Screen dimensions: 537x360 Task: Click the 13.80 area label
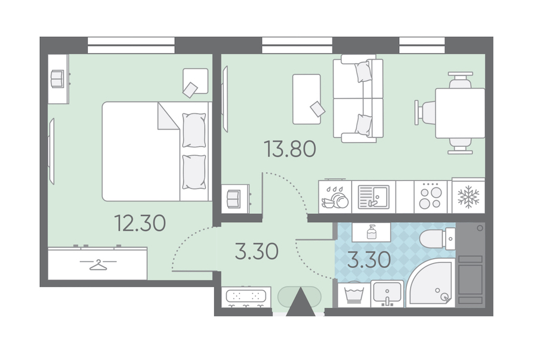(290, 150)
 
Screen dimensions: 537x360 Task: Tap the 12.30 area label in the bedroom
(140, 223)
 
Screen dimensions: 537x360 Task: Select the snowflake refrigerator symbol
(468, 197)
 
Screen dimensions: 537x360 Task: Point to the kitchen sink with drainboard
(374, 197)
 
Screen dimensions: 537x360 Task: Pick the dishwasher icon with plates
(335, 198)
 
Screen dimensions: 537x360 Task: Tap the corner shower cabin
(430, 282)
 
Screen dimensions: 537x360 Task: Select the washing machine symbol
(354, 294)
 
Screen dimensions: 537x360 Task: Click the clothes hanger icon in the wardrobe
(98, 264)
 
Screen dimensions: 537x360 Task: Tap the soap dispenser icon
(371, 232)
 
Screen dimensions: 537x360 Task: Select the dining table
(460, 113)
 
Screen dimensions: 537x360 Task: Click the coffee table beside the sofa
(307, 99)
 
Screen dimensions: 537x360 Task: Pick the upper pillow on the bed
(194, 130)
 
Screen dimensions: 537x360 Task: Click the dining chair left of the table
(425, 113)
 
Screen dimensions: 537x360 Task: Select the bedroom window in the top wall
(131, 45)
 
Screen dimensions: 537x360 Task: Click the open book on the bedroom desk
(57, 79)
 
